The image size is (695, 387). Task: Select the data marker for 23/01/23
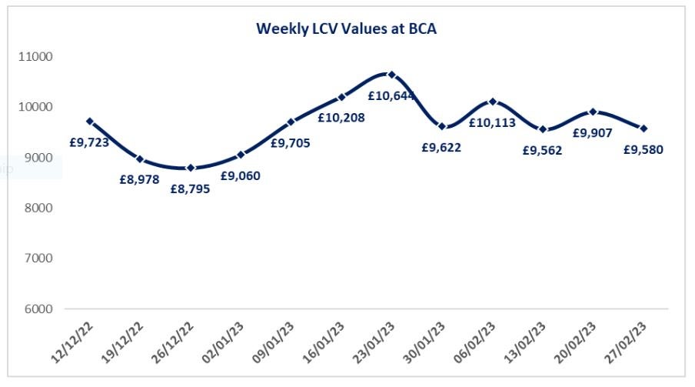[391, 75]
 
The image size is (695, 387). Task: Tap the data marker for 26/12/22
[191, 168]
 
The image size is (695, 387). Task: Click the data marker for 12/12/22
[90, 122]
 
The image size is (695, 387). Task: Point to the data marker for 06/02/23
[493, 102]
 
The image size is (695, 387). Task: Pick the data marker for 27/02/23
[643, 128]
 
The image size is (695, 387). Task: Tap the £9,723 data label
[89, 142]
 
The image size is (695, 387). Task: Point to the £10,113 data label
[493, 122]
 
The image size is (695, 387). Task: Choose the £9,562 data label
[542, 150]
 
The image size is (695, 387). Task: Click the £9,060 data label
[241, 175]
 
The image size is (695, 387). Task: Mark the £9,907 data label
[593, 132]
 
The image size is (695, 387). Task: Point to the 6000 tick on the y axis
[37, 309]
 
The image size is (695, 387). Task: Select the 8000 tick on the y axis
[37, 209]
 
